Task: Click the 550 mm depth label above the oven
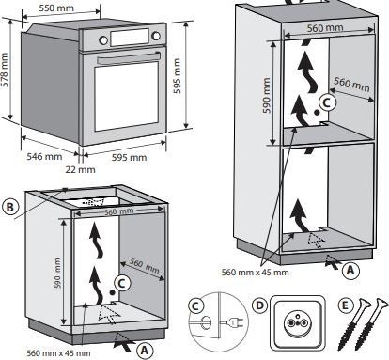[x=56, y=8]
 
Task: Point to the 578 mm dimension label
[x=4, y=70]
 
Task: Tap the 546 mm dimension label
[x=44, y=156]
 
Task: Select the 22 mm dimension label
[x=80, y=169]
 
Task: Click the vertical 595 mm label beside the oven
[x=177, y=76]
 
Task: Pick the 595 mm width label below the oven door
[x=129, y=157]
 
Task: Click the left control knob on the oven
[x=103, y=39]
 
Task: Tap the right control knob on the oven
[x=156, y=36]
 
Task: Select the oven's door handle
[x=129, y=57]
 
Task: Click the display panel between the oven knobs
[x=130, y=38]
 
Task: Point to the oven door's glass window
[x=127, y=97]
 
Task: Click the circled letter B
[x=10, y=208]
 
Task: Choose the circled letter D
[x=259, y=305]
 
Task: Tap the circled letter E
[x=345, y=305]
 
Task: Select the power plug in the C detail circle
[x=233, y=322]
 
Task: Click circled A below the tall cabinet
[x=350, y=270]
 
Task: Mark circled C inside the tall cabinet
[x=327, y=102]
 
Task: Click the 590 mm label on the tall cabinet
[x=266, y=95]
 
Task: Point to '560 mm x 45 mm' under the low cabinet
[x=58, y=353]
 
